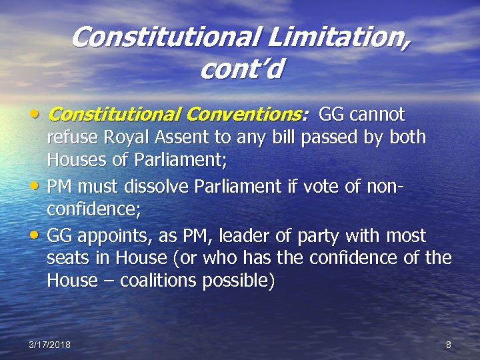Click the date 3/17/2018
50,345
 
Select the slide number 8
448,345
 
